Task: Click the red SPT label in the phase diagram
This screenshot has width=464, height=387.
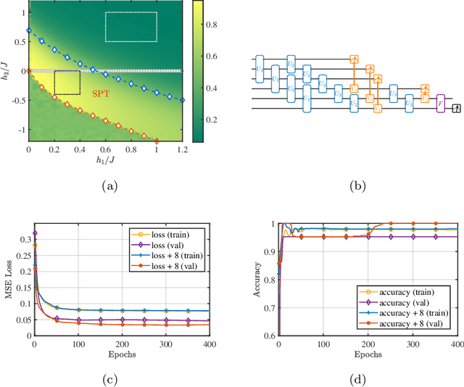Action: [x=100, y=93]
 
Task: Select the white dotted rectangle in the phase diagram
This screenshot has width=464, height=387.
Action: [x=130, y=26]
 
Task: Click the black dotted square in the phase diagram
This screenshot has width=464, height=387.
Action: [x=67, y=83]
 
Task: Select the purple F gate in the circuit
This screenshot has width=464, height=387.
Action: [x=440, y=104]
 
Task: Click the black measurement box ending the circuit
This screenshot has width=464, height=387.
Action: [x=456, y=108]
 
